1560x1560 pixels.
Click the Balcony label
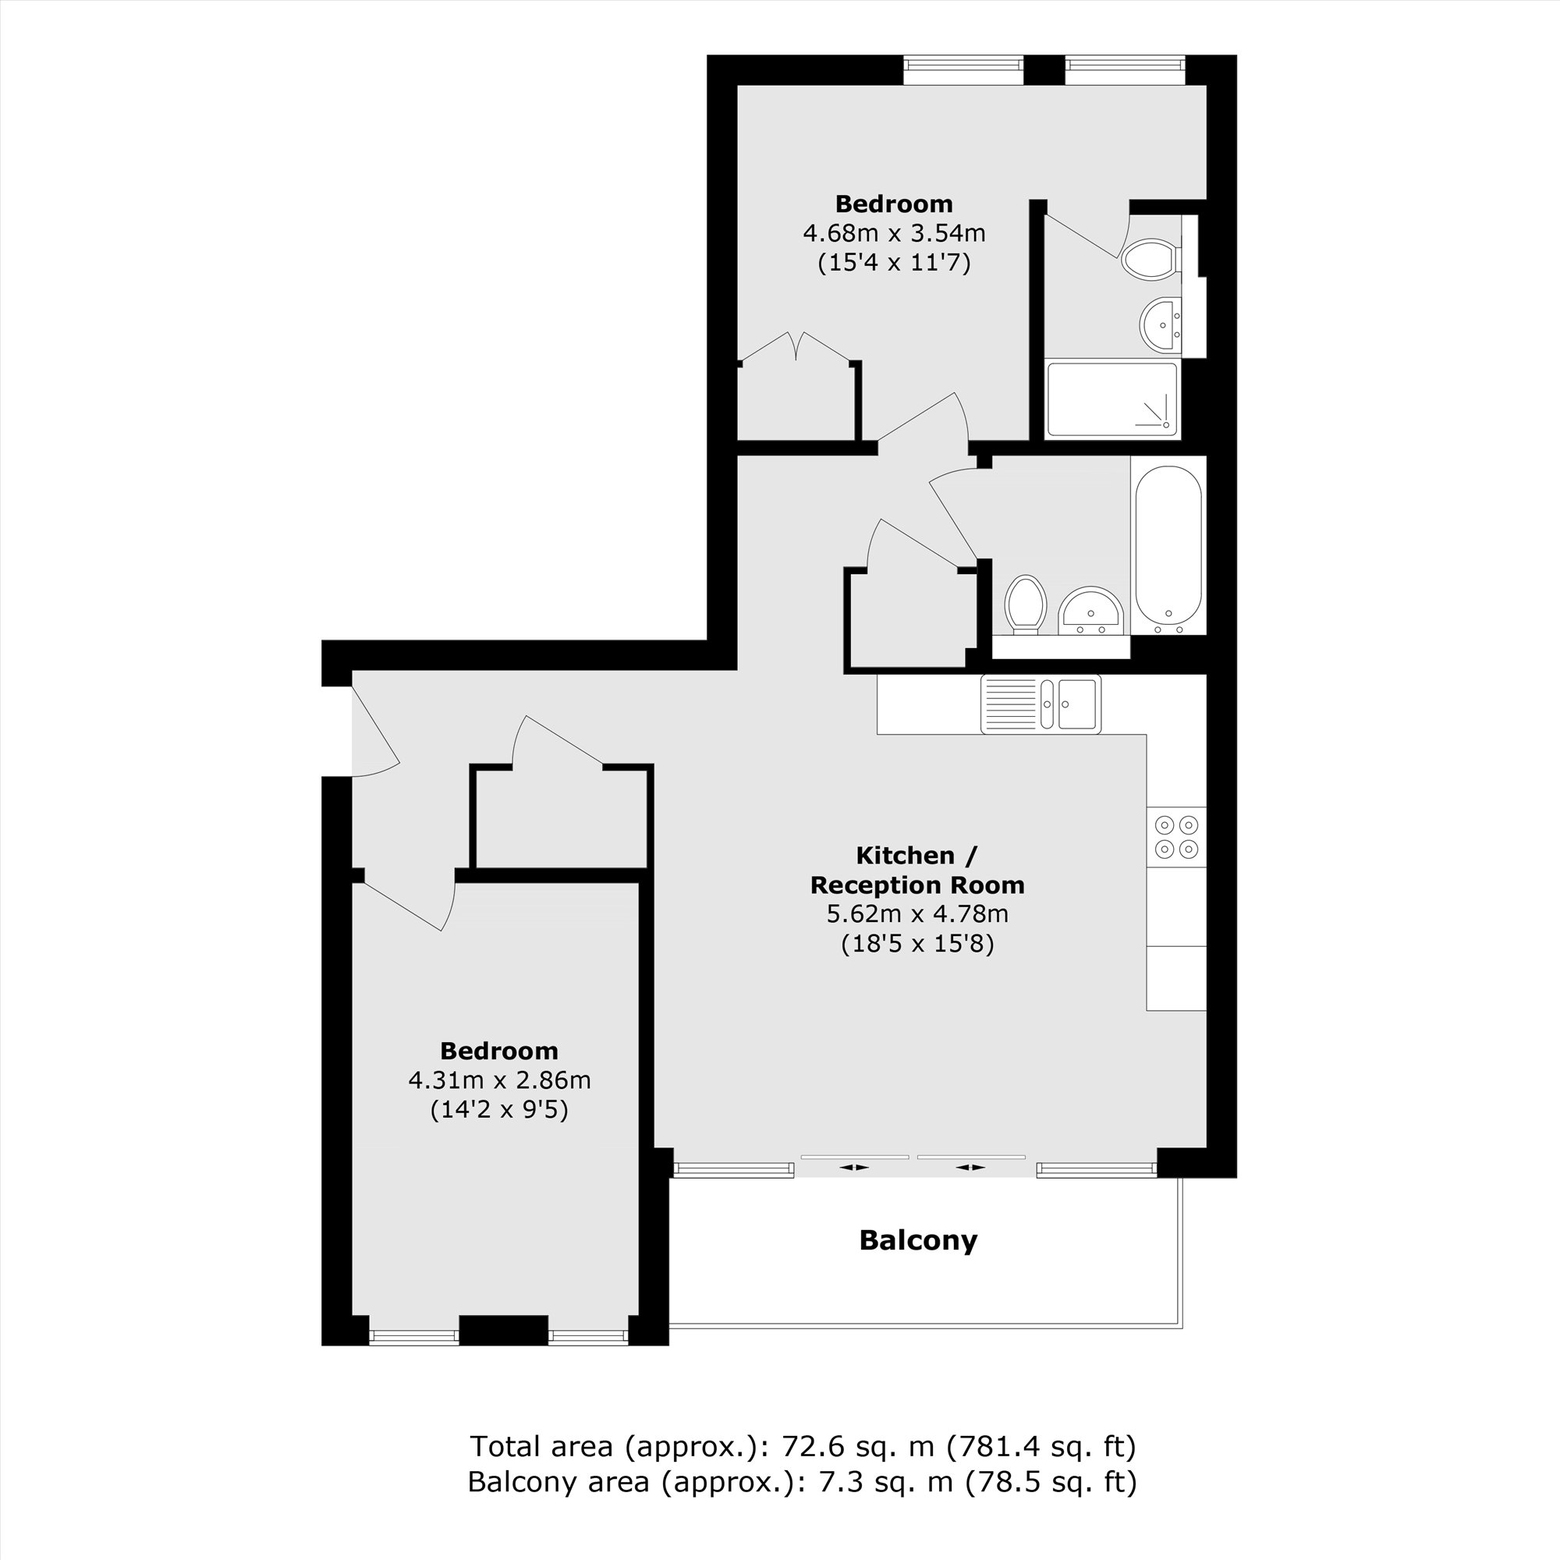[918, 1240]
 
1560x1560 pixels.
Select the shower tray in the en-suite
[1111, 399]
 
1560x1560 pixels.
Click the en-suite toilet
[1149, 259]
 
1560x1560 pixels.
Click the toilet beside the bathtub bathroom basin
[1026, 602]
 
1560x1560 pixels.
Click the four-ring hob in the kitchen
[1176, 837]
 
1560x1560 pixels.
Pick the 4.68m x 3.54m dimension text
[894, 233]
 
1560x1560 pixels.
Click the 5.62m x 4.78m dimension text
[917, 914]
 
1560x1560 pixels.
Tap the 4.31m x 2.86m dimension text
[499, 1080]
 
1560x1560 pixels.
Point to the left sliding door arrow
[853, 1168]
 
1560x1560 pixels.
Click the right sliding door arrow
[970, 1168]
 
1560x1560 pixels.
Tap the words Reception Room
[917, 885]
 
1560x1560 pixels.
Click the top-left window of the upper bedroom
[963, 69]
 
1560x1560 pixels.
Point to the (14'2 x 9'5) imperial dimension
[499, 1110]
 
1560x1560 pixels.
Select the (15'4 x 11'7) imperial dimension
[894, 263]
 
